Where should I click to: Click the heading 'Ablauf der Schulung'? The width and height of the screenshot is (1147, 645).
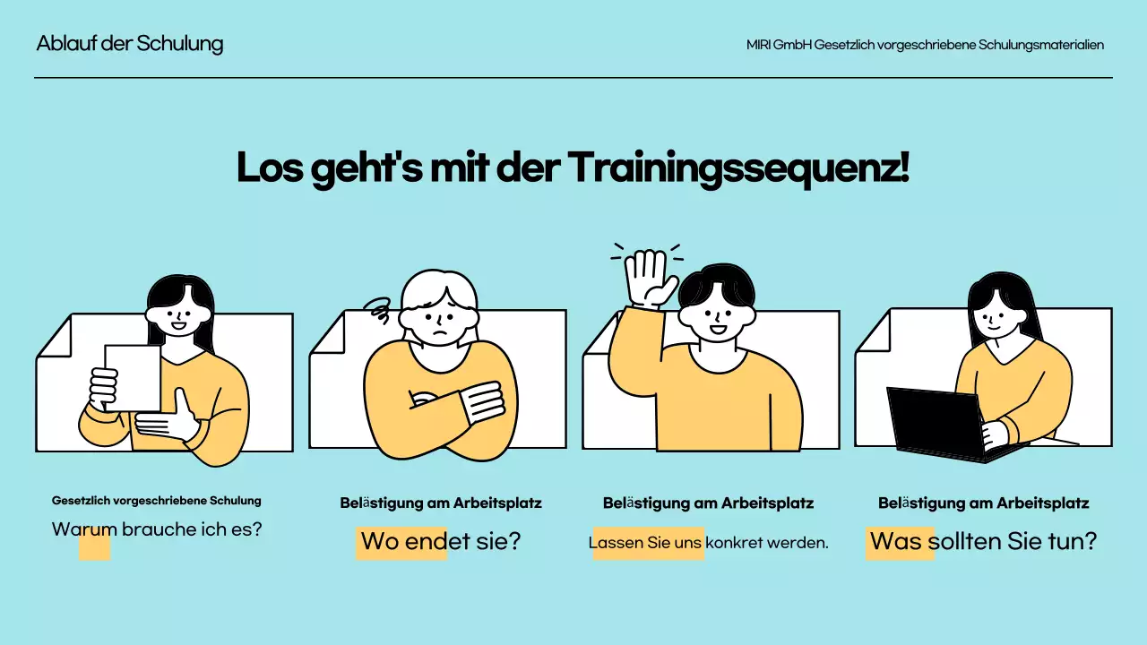[x=130, y=44]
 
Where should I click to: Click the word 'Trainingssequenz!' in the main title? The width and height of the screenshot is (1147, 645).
[x=738, y=168]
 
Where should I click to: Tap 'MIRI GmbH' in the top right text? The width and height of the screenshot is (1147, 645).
[x=779, y=45]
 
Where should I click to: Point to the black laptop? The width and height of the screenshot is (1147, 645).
[x=936, y=423]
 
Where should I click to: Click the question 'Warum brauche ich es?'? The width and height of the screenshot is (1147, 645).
[x=158, y=529]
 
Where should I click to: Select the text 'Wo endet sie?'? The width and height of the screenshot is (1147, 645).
[x=440, y=542]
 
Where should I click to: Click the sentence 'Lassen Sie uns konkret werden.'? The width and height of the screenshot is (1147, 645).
[x=709, y=542]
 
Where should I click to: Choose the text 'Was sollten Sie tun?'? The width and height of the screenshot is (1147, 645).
[x=983, y=541]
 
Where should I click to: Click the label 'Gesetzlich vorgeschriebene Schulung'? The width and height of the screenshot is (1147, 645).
[x=157, y=500]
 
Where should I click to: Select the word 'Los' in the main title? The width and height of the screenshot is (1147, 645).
[x=270, y=168]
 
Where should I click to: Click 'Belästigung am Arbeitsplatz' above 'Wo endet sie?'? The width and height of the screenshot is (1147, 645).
[x=441, y=503]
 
